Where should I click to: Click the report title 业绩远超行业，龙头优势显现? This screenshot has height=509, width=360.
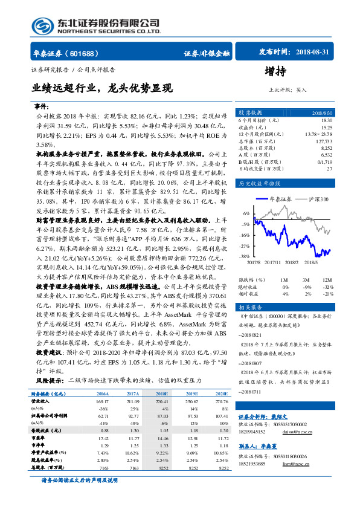[x=101, y=88]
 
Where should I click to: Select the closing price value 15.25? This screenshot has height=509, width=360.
[x=326, y=127]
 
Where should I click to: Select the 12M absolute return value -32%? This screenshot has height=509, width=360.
[x=327, y=287]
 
